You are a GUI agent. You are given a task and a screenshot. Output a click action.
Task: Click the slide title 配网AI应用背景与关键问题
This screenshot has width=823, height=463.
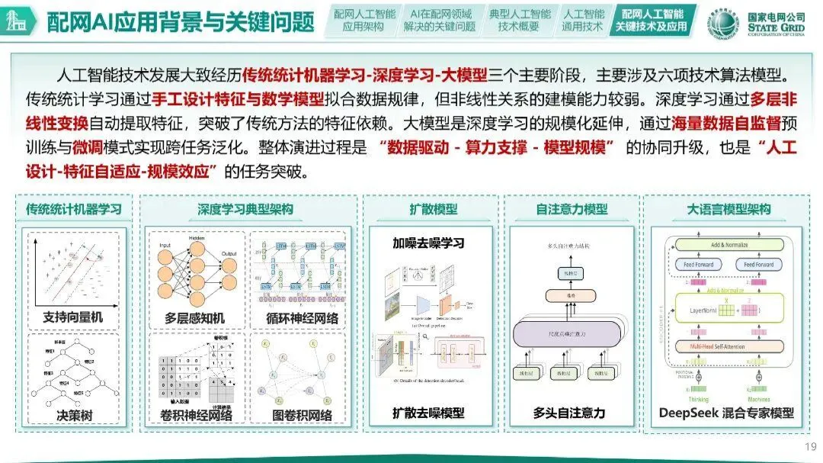180,22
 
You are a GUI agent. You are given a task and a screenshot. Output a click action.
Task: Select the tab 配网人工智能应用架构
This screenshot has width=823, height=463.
363,21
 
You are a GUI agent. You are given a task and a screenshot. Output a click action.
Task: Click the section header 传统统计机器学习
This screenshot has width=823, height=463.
74,209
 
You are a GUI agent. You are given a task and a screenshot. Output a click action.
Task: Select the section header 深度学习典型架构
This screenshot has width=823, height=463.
245,209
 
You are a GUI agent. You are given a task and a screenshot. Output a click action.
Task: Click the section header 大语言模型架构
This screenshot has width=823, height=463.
729,209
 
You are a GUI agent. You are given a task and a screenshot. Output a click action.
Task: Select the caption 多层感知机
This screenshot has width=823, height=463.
195,317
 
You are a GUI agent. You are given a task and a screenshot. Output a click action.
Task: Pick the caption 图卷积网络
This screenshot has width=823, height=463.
302,415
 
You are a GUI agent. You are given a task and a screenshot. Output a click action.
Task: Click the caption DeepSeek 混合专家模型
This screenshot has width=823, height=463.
727,413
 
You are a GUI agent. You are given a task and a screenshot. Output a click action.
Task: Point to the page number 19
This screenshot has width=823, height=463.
810,446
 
